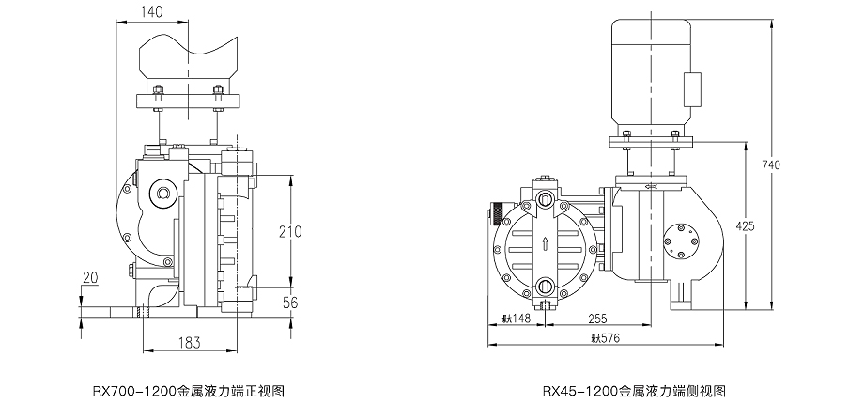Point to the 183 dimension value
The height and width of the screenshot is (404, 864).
(189, 342)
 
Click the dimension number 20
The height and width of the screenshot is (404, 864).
(90, 277)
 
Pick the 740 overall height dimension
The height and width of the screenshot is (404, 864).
(771, 165)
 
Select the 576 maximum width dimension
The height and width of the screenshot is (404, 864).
(606, 337)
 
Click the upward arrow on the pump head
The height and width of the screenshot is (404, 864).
(546, 245)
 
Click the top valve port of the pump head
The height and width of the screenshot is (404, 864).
(546, 198)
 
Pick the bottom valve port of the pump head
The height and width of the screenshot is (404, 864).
(546, 286)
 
